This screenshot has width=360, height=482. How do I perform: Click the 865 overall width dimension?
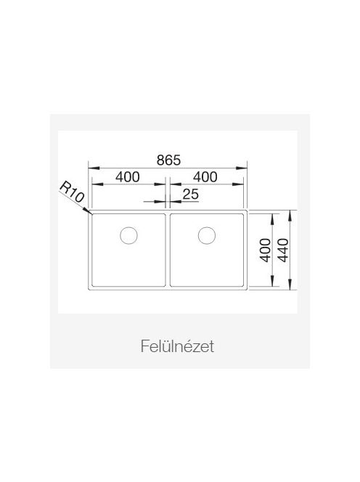168,160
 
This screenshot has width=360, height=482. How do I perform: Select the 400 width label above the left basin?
128,176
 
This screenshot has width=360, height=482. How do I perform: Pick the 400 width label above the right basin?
205,176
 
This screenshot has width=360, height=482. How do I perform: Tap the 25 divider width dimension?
191,194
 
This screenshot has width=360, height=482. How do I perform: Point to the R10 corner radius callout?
72,192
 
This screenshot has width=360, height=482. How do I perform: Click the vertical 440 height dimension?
283,250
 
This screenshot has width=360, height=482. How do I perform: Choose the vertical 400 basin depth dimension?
266,250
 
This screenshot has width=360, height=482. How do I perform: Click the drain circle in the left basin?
128,235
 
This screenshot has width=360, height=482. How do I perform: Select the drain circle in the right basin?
207,235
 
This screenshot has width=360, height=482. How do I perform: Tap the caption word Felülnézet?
177,346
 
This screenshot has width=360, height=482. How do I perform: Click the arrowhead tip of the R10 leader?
91,213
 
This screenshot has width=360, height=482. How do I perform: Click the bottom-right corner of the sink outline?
247,290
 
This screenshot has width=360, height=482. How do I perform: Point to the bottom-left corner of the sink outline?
89,290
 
